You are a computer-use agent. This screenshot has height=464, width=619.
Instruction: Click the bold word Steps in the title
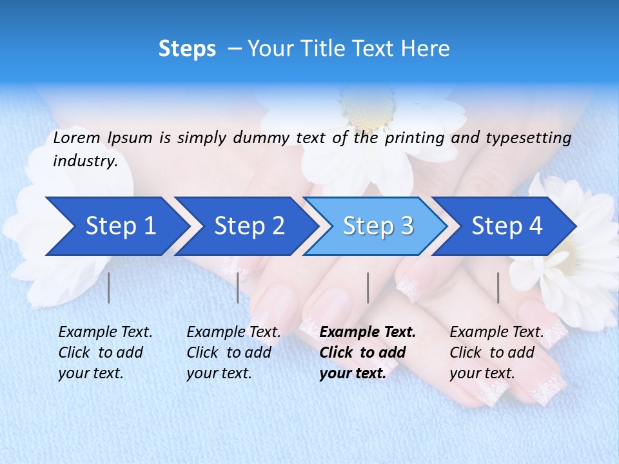click(x=187, y=49)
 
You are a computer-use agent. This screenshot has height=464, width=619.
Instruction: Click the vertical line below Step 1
click(x=109, y=287)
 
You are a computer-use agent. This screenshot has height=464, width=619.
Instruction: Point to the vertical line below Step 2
click(x=238, y=287)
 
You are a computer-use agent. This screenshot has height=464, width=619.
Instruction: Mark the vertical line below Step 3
click(x=368, y=287)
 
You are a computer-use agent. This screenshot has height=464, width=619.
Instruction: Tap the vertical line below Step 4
click(x=498, y=287)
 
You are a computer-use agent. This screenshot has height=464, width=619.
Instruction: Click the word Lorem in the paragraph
click(x=76, y=137)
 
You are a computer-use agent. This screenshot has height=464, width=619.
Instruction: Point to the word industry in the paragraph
click(x=85, y=161)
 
